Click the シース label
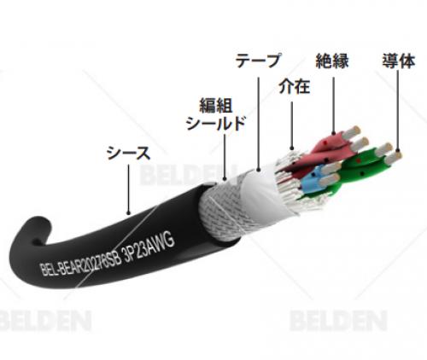(128, 153)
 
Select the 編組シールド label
(216, 114)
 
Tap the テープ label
(258, 61)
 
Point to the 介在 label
(294, 86)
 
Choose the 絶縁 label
(332, 61)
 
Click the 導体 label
(399, 61)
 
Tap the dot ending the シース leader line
(128, 212)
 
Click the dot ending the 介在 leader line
(292, 148)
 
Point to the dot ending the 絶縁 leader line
(334, 132)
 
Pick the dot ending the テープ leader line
(259, 171)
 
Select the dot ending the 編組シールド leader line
(225, 179)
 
